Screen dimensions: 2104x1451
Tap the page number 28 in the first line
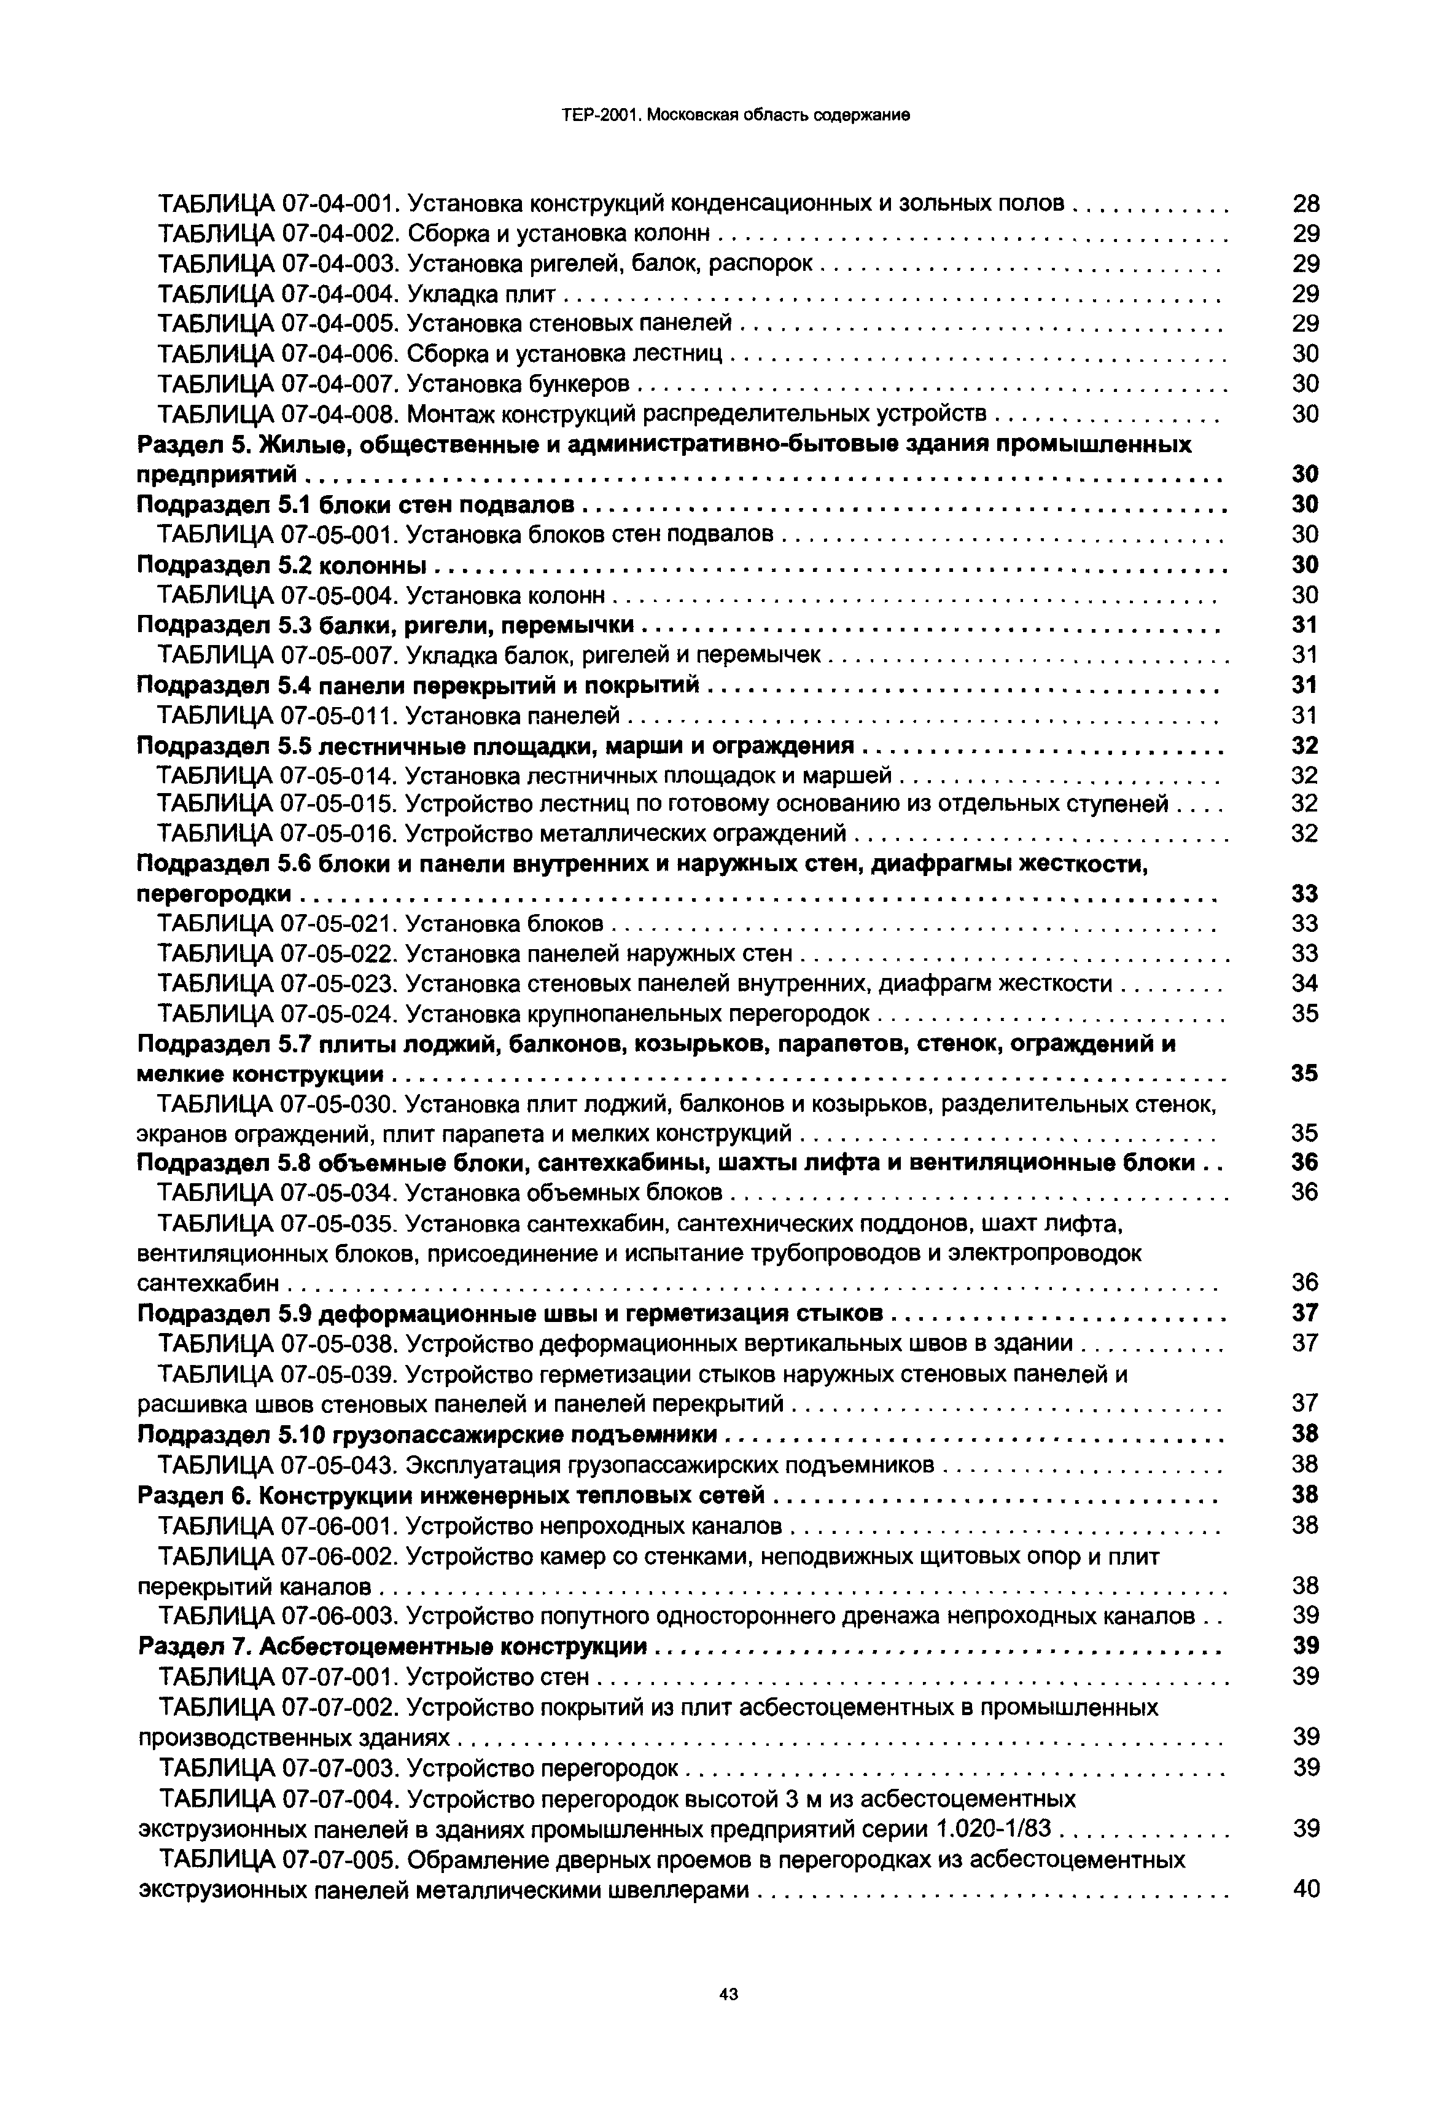[x=1305, y=204]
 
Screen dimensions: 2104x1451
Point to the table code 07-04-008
[x=341, y=415]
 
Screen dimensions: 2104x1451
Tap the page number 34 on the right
[x=1305, y=984]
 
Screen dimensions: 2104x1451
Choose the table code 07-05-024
[x=341, y=1014]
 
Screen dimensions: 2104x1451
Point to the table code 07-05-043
[x=341, y=1465]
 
